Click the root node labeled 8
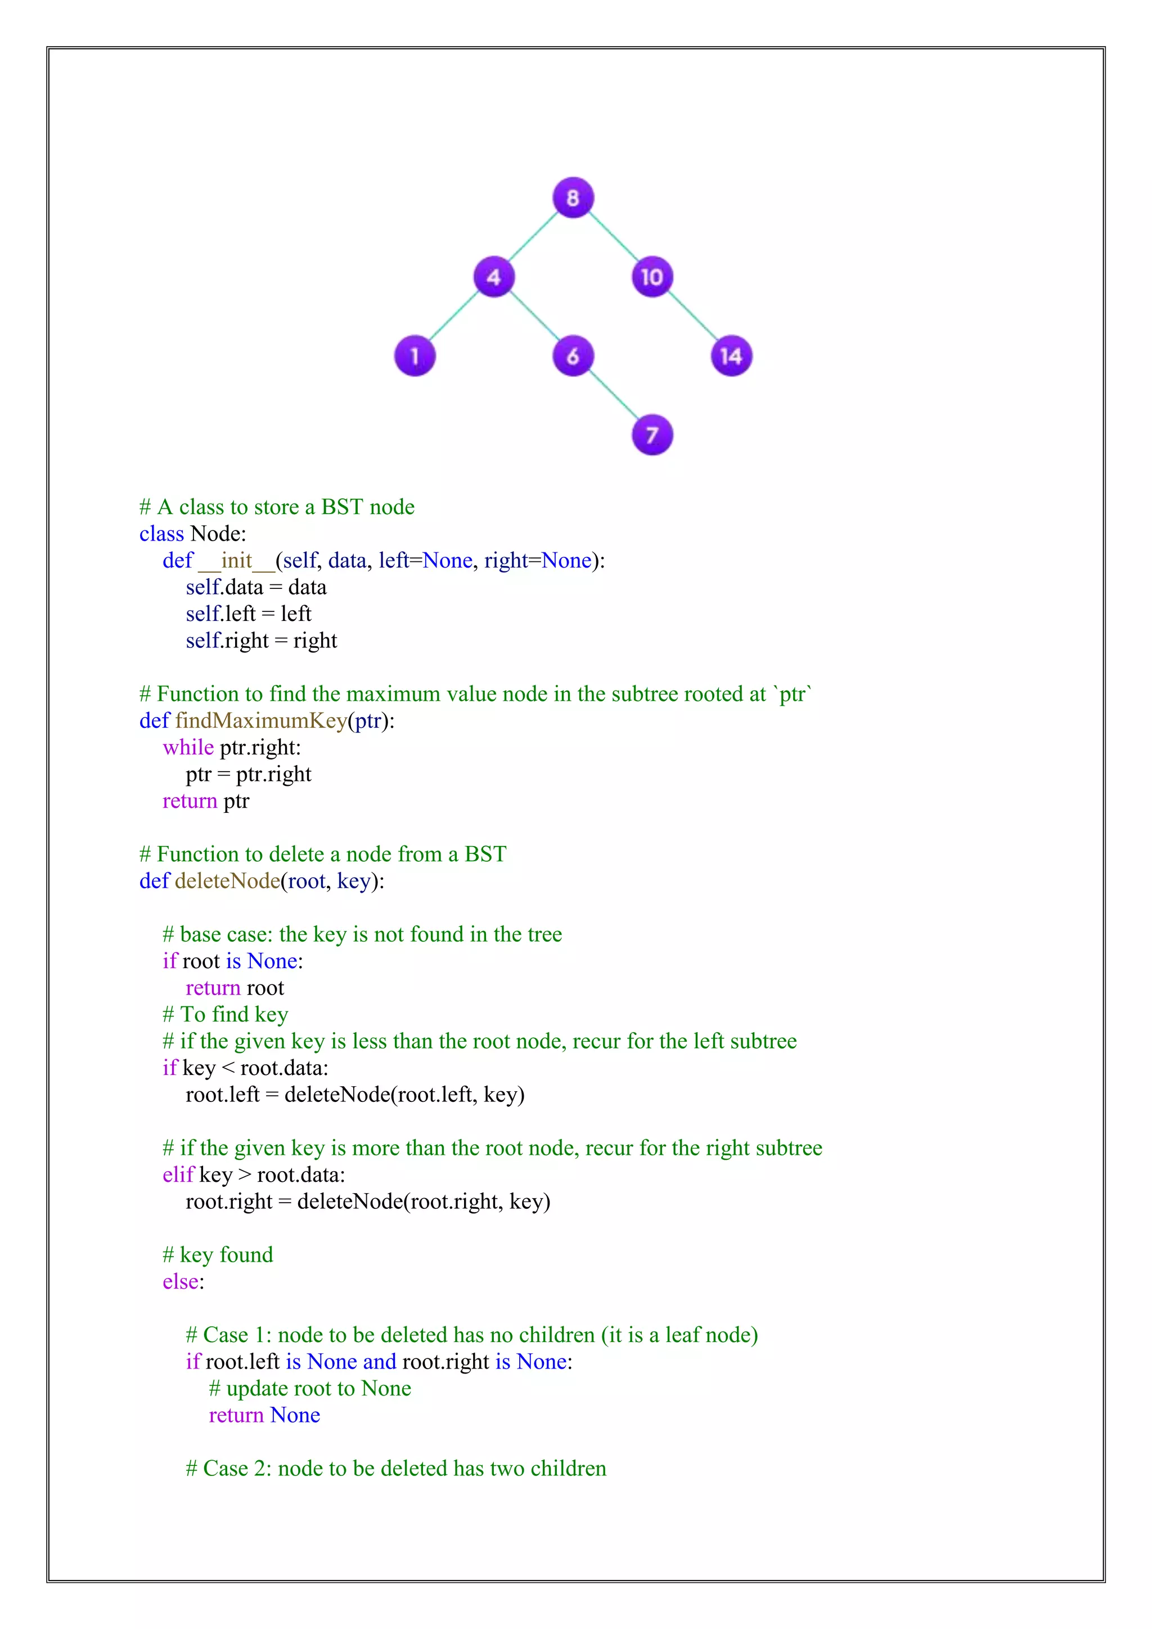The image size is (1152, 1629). point(573,197)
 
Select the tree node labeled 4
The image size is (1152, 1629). point(494,277)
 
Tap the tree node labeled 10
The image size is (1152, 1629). point(652,277)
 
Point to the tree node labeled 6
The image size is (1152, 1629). point(573,355)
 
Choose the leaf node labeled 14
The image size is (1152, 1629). point(731,355)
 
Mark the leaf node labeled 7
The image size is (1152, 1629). point(652,435)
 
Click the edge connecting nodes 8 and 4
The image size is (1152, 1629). point(533,236)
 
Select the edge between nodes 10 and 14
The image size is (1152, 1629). point(692,317)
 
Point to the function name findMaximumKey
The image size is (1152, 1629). point(261,720)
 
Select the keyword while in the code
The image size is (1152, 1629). point(188,747)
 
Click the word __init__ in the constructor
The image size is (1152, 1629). point(236,560)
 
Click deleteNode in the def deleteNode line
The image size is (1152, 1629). point(228,880)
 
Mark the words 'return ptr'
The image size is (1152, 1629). point(206,800)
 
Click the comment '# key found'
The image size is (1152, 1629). point(218,1254)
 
